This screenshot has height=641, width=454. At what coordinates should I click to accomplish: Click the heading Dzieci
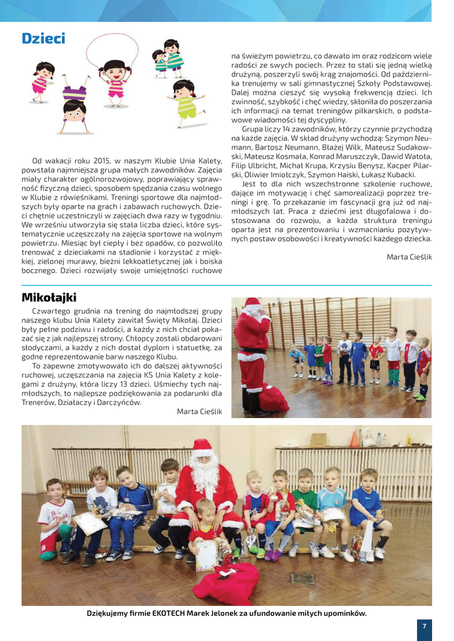[x=43, y=39]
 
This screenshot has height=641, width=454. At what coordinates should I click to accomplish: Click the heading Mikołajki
[x=49, y=297]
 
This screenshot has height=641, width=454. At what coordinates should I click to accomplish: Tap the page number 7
[x=424, y=626]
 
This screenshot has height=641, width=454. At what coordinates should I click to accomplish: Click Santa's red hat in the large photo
[x=202, y=448]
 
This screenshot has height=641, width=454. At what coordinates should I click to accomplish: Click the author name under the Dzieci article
[x=409, y=257]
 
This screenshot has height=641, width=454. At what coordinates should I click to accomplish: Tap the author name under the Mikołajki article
[x=200, y=411]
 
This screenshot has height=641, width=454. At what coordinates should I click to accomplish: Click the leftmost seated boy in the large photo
[x=56, y=516]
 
